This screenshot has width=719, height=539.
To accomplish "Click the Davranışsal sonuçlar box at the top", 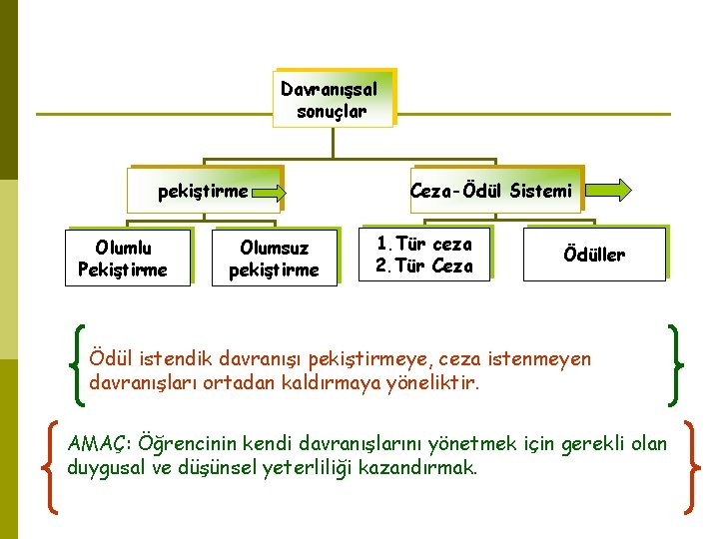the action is click(333, 99).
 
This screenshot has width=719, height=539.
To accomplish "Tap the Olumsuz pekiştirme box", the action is click(274, 259).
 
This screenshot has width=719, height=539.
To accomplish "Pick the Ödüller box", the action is click(594, 255).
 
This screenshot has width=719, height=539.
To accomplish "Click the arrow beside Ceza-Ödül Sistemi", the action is click(607, 190).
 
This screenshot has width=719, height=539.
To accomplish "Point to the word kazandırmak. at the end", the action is click(428, 467).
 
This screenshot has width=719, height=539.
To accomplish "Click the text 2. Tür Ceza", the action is click(424, 267).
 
